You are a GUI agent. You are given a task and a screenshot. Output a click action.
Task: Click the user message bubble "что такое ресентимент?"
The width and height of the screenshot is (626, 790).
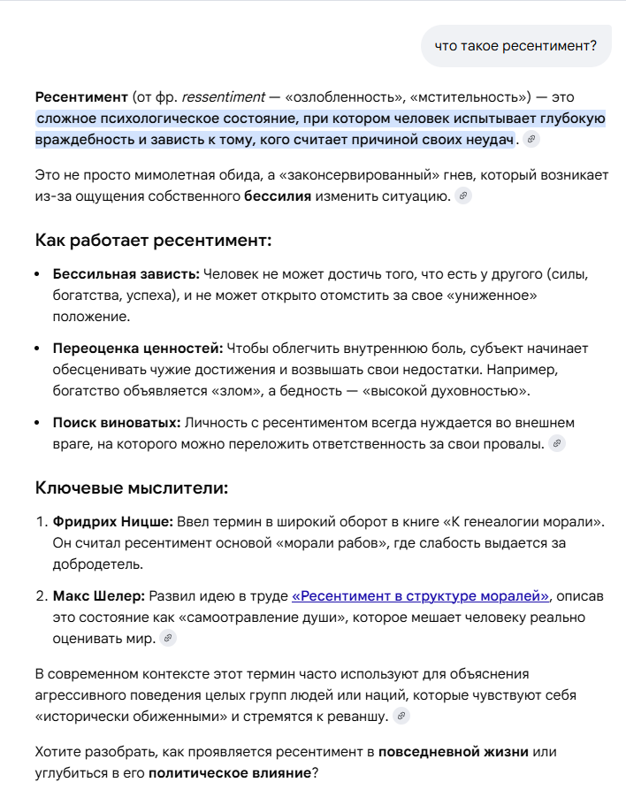(x=515, y=45)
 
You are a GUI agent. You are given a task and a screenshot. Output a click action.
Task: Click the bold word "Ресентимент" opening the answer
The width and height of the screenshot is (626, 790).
(x=81, y=96)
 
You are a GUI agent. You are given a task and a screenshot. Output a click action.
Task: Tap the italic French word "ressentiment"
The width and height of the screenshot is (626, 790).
(x=223, y=96)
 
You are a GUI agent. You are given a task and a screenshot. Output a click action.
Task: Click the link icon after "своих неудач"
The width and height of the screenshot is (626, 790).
(x=531, y=140)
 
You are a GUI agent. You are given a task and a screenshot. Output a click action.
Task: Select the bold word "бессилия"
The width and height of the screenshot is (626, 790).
(x=277, y=196)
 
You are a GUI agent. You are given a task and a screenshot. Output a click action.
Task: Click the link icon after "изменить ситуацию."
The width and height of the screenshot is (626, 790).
(x=463, y=196)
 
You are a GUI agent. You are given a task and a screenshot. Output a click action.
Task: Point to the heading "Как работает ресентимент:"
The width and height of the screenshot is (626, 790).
(x=153, y=241)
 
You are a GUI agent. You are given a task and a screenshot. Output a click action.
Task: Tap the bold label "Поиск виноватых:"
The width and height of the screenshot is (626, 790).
(x=117, y=422)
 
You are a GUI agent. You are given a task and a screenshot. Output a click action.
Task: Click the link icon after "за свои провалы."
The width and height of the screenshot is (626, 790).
(x=557, y=443)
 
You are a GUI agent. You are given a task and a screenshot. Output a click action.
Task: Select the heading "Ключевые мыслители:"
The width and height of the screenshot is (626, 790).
(x=132, y=487)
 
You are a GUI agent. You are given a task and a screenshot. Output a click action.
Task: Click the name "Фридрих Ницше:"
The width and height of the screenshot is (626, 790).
(x=111, y=522)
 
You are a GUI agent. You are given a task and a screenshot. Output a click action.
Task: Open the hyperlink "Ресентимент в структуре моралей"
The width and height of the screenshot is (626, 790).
(x=421, y=595)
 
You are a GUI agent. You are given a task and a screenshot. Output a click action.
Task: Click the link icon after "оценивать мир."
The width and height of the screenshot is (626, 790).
(x=167, y=638)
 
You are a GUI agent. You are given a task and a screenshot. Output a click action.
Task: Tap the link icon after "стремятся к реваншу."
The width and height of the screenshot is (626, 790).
(x=401, y=716)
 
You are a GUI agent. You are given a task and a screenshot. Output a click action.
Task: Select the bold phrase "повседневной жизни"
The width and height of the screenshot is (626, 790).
(x=454, y=752)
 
